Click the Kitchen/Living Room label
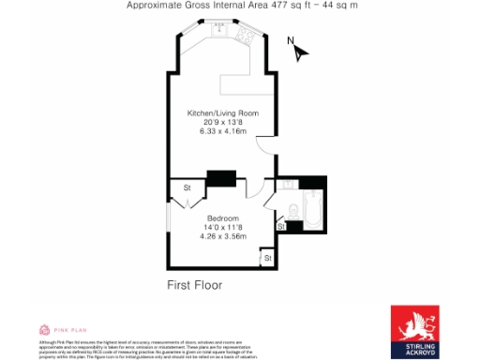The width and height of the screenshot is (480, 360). click(222, 113)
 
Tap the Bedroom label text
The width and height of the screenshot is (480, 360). click(222, 218)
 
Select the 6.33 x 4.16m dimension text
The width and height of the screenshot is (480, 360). click(222, 131)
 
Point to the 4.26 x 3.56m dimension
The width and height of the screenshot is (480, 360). click(222, 236)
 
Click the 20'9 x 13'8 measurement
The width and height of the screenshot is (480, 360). click(222, 123)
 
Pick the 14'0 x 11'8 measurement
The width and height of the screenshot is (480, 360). click(222, 228)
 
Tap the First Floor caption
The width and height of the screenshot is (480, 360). click(195, 284)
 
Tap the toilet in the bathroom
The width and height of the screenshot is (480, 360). click(292, 209)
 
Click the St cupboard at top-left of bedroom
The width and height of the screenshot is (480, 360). click(187, 187)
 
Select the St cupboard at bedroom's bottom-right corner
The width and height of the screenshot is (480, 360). click(266, 257)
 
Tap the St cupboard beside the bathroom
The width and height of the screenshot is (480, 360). click(280, 226)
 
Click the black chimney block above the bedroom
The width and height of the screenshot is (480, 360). click(221, 178)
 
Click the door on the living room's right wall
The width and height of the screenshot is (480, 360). click(269, 144)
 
